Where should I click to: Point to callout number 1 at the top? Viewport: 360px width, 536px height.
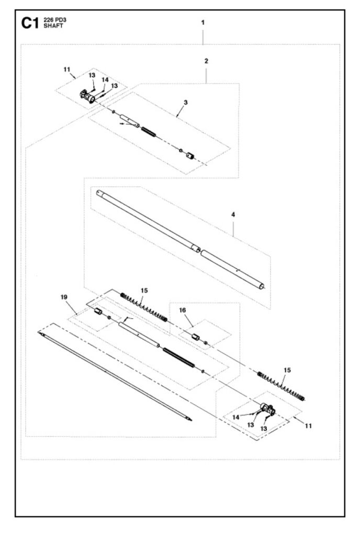coord(203,23)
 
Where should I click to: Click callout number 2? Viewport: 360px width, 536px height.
coord(206,61)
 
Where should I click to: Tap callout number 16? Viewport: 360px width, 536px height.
coord(183,310)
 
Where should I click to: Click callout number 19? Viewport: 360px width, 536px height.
coord(64,297)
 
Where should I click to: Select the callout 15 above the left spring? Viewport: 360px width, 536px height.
coord(144,289)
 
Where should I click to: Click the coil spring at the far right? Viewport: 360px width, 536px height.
coord(283,385)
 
